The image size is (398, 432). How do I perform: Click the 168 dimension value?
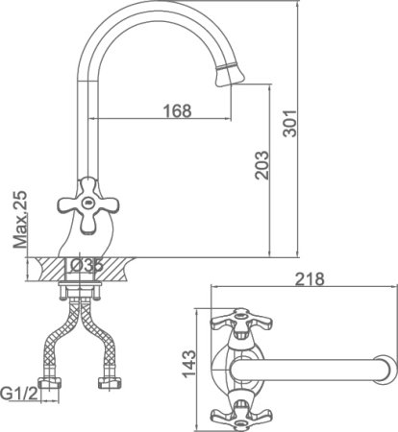[177, 110]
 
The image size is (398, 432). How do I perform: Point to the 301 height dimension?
[290, 124]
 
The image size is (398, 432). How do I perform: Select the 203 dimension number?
[261, 165]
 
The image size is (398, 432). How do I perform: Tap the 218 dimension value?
[310, 279]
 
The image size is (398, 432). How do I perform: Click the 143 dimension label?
[189, 364]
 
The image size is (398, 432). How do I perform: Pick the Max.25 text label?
[20, 220]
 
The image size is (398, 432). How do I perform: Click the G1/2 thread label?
[19, 393]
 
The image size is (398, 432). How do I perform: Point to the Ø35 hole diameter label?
[86, 266]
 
